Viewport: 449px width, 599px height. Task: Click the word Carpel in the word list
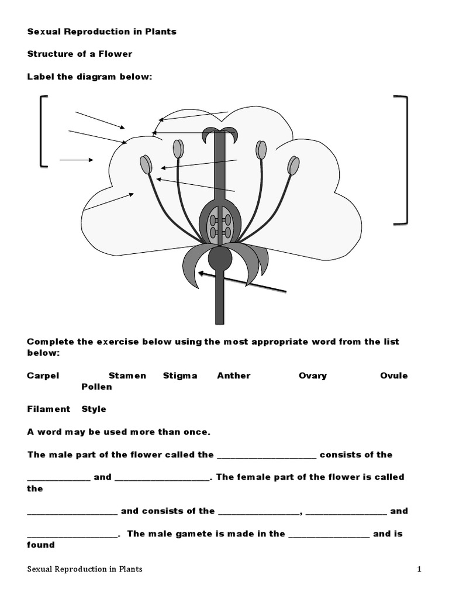(x=43, y=376)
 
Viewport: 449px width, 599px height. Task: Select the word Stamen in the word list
(x=127, y=376)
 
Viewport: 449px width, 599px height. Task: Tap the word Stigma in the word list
(x=180, y=376)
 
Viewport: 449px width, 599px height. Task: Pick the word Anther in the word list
(x=234, y=376)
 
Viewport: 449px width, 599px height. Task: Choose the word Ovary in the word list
(x=313, y=376)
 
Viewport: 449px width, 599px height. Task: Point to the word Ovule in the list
(x=394, y=376)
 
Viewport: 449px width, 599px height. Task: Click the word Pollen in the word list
(x=96, y=387)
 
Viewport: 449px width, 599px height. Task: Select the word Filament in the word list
(x=49, y=409)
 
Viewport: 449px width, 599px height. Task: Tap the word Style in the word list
(x=94, y=409)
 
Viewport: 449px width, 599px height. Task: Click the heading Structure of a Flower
(x=80, y=54)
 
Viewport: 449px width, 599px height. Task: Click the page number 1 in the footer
(x=419, y=569)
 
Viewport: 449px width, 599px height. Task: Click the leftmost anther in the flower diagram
(x=146, y=164)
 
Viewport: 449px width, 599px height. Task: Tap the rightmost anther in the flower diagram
(x=293, y=166)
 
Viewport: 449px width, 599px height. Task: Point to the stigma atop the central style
(x=220, y=135)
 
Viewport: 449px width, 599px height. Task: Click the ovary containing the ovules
(x=220, y=224)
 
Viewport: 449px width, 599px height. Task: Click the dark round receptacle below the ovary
(x=220, y=258)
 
